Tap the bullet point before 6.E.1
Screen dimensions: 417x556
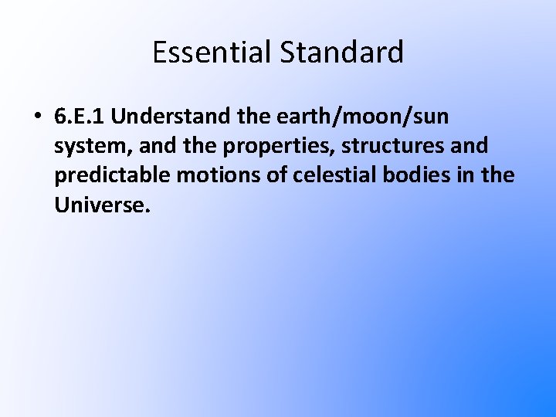(x=36, y=118)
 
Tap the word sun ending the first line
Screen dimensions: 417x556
(x=431, y=118)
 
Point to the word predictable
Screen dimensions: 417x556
(x=113, y=176)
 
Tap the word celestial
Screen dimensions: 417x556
(x=329, y=176)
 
